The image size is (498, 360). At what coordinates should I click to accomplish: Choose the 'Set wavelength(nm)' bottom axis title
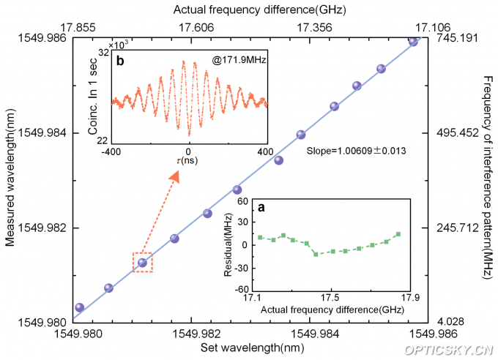coord(249,349)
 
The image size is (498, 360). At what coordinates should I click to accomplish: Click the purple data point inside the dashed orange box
coord(142,262)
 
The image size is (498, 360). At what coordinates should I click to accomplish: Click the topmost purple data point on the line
coord(413,41)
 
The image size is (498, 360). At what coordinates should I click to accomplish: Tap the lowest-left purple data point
coord(79,307)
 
